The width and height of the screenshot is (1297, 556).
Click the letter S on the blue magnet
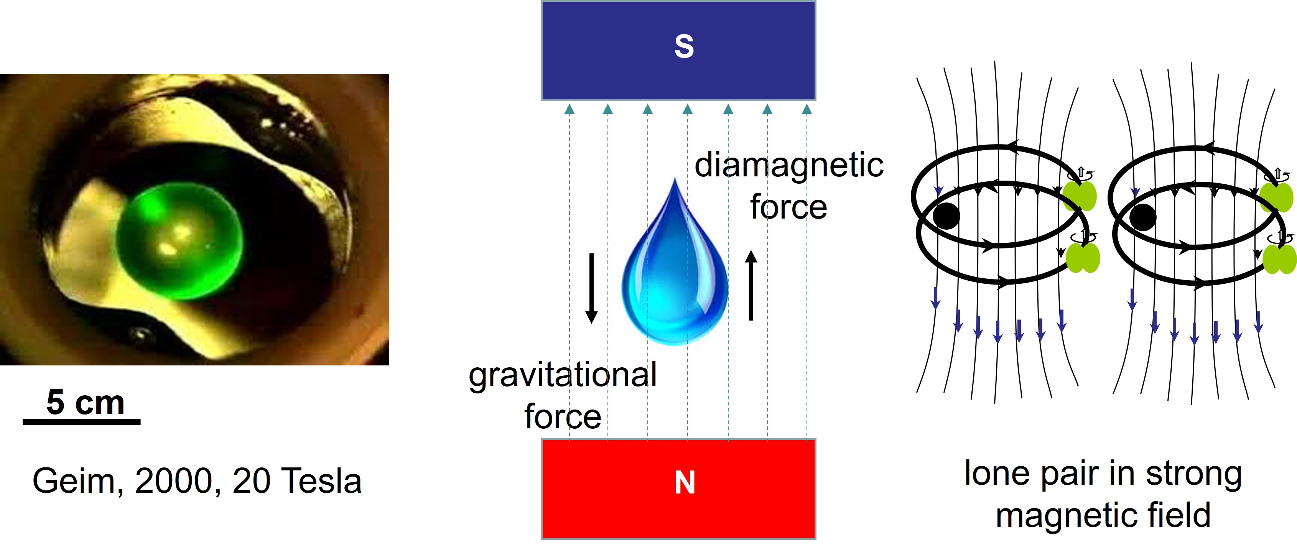coord(684,47)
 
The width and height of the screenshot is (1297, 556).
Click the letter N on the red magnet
coord(685,482)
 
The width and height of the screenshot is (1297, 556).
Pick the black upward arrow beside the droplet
coord(751,285)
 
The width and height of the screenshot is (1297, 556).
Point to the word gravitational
coord(562,375)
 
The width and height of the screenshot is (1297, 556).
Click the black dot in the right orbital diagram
coord(1142,217)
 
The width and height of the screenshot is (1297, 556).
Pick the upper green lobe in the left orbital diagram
coord(1080,196)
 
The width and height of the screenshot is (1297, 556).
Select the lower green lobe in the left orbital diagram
coord(1083,258)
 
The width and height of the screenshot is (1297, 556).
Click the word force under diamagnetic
coord(788,207)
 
